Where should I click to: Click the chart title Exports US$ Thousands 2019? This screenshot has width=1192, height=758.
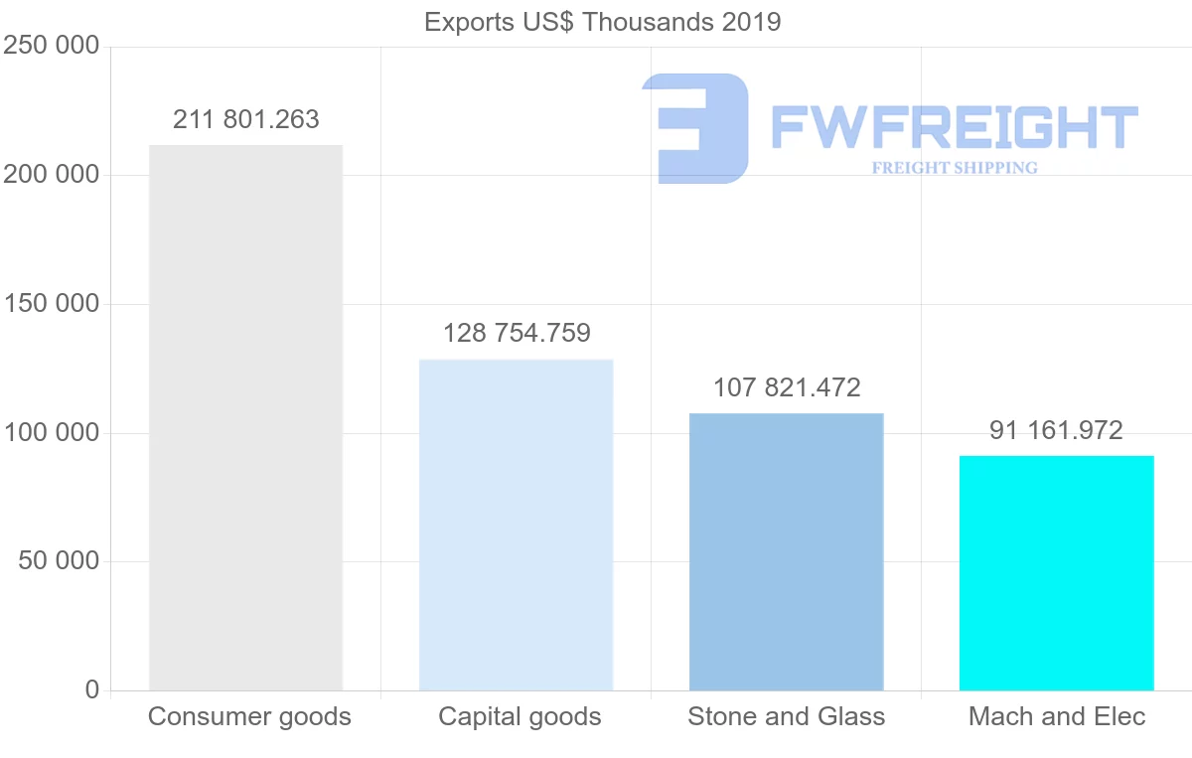pos(602,22)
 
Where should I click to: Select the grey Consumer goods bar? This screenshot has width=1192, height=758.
pos(245,417)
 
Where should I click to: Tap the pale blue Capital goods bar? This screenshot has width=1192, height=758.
pos(516,525)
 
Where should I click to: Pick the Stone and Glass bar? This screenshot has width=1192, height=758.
pos(786,551)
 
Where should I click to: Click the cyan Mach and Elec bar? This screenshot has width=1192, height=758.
pos(1056,573)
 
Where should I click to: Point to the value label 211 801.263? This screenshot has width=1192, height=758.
pos(245,120)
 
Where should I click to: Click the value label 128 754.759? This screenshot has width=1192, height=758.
pos(516,333)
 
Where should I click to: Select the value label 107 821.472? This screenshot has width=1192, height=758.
pos(786,387)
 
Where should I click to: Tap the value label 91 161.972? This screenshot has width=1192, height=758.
pos(1056,430)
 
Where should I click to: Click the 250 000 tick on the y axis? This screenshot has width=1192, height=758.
pos(52,47)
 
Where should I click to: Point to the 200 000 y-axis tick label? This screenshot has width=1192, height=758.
pos(52,175)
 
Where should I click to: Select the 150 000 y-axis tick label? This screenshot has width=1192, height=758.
pos(52,304)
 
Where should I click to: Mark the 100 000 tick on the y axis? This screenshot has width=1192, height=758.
pos(52,433)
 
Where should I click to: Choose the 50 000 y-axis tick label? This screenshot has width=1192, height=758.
pos(59,561)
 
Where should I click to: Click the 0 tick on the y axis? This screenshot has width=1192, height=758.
pos(92,689)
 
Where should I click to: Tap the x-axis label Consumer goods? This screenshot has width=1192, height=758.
pos(249,716)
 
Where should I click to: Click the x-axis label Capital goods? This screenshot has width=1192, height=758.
pos(520,716)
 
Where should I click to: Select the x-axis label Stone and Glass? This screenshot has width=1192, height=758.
pos(786,716)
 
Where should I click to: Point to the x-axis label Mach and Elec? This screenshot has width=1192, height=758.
pos(1057,716)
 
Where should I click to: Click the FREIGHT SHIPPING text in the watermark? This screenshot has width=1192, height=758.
pos(955,168)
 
